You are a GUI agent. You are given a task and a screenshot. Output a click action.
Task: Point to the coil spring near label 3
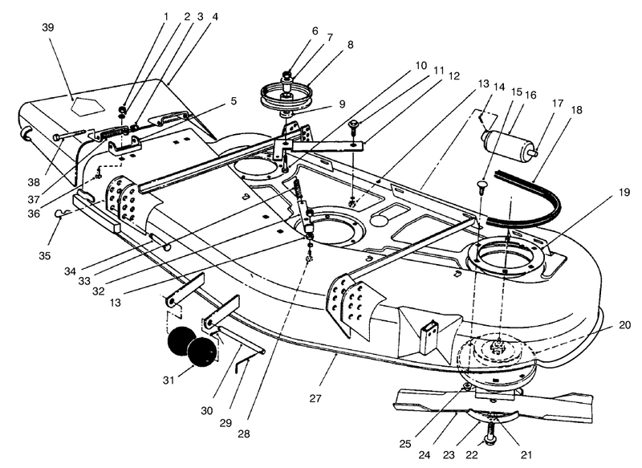point(116,133)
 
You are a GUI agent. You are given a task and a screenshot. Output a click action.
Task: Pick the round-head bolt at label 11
point(355,124)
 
